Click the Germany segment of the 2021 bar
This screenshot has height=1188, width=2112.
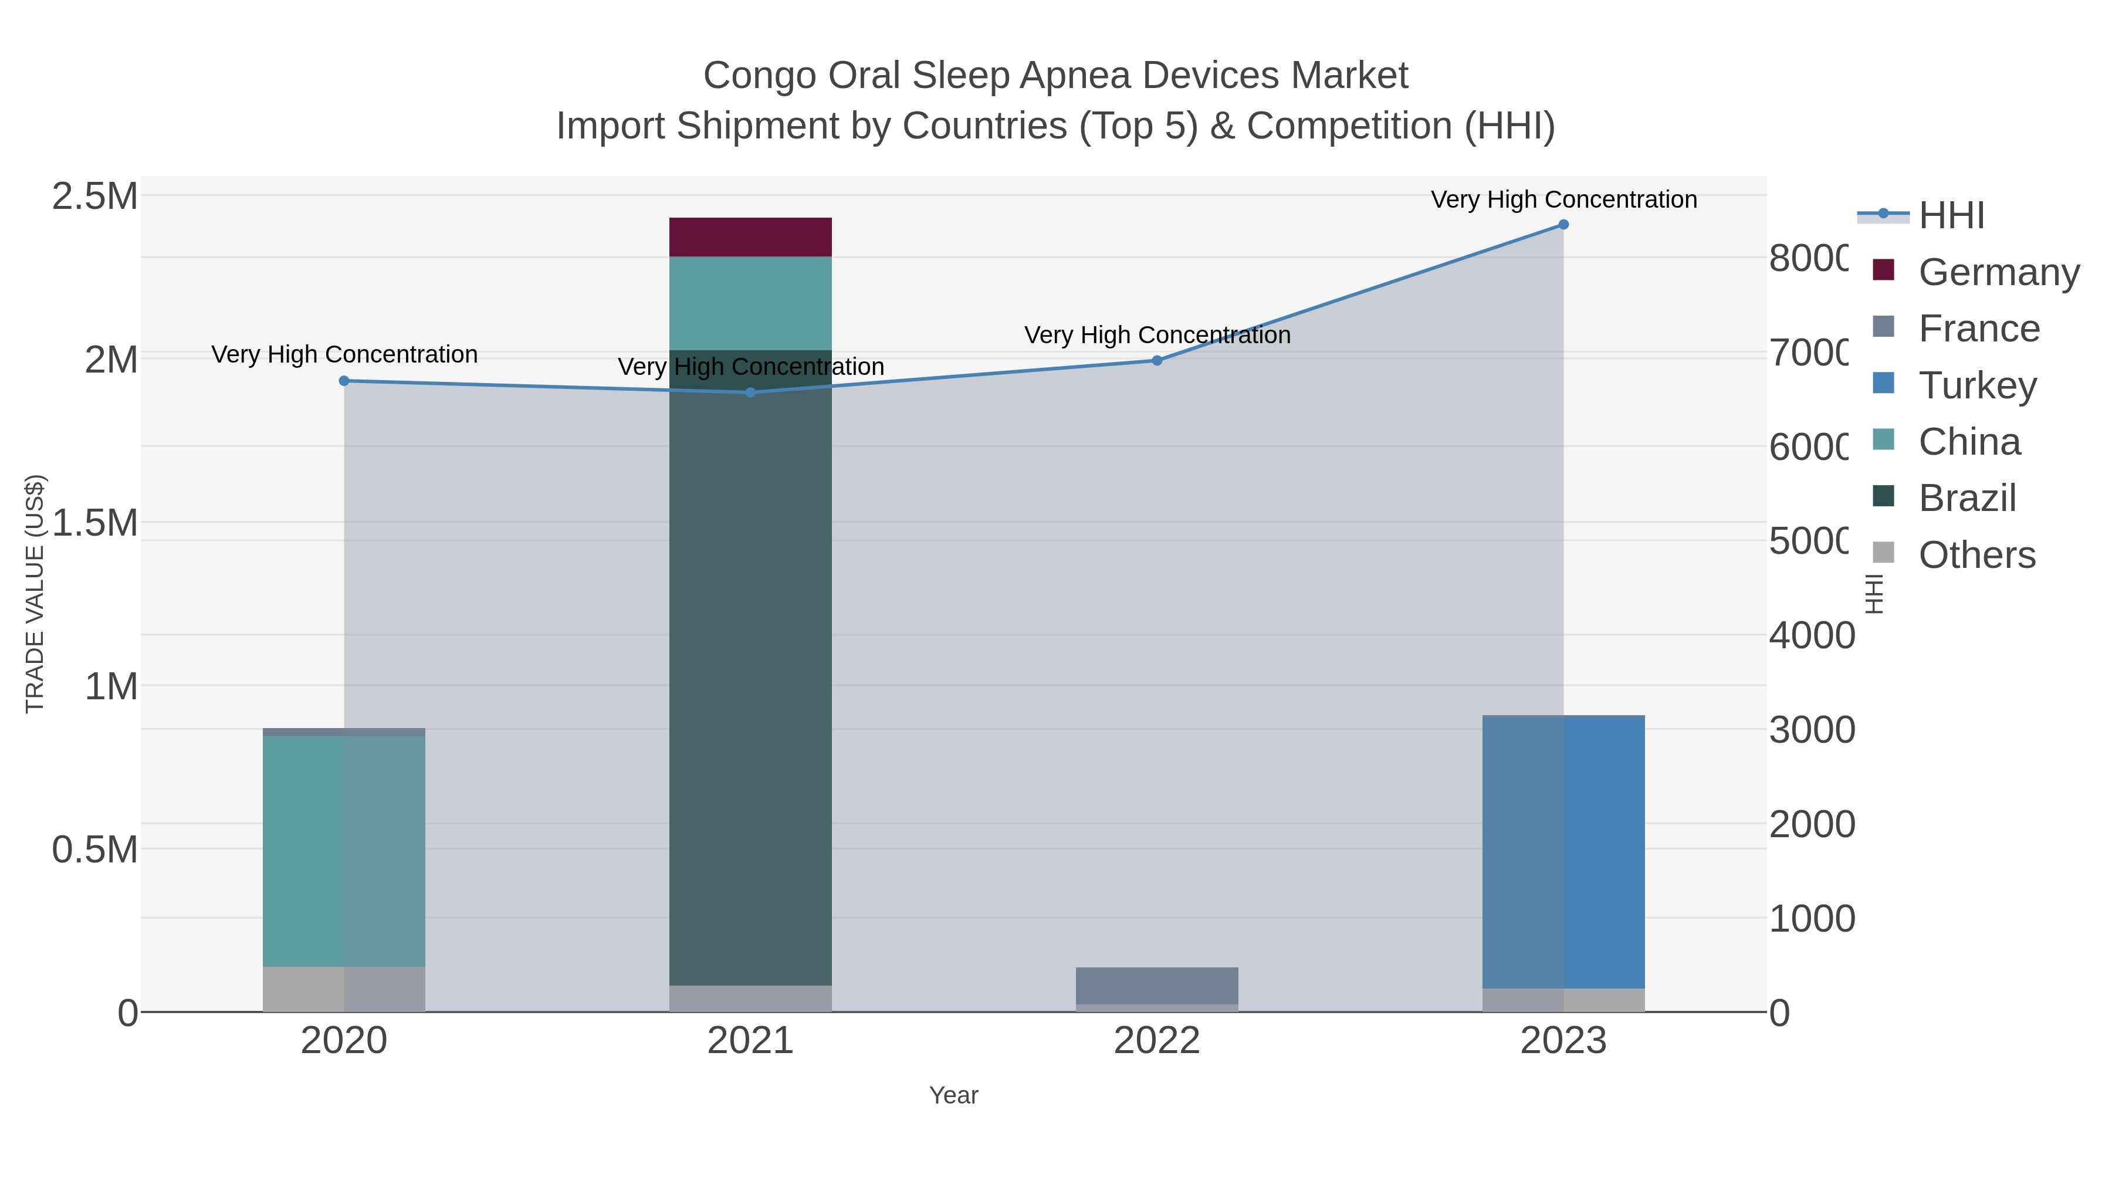pos(750,237)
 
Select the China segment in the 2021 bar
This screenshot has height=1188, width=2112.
pos(750,303)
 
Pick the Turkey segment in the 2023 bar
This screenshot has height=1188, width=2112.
pos(1563,852)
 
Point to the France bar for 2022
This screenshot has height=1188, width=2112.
pos(1157,986)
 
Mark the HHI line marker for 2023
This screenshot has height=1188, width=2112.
pos(1563,225)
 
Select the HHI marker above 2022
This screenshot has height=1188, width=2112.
pos(1157,361)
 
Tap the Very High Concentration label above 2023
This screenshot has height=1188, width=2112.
pos(1563,200)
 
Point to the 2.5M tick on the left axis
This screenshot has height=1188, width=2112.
pos(95,197)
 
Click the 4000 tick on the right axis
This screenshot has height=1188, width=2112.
pos(1811,635)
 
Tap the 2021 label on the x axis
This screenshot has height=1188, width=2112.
pos(750,1041)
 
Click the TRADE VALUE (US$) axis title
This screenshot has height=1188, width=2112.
pos(35,594)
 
